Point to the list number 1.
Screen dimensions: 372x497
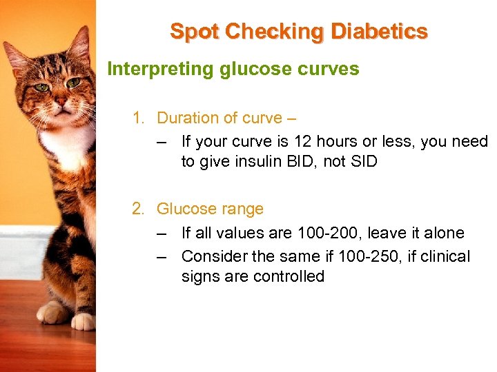pos(138,118)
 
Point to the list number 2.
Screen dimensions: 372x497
pos(138,209)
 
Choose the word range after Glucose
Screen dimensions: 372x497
pos(240,209)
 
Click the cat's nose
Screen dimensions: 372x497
pos(61,102)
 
